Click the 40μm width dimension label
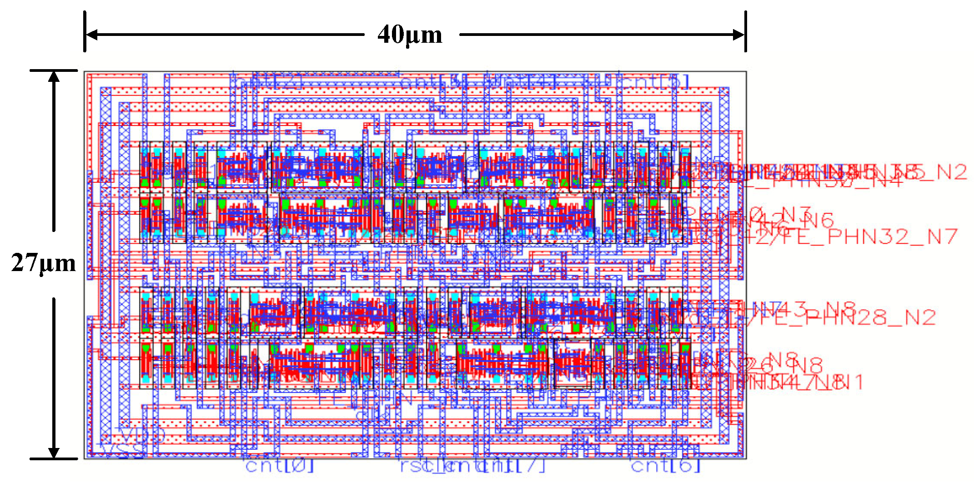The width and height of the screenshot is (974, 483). pos(410,35)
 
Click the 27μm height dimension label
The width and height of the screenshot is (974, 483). pos(43,263)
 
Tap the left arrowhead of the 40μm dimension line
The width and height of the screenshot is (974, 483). pos(91,35)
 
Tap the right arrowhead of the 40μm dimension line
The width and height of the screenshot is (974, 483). pos(738,35)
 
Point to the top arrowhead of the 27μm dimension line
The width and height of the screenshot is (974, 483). pos(54,77)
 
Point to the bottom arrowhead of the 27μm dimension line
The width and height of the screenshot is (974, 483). pos(54,452)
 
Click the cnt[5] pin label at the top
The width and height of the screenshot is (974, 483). pos(655,82)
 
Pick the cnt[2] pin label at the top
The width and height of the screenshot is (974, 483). pos(268,82)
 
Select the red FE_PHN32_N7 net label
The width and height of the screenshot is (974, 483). pos(891,237)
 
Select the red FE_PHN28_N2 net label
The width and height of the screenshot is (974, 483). pos(855,317)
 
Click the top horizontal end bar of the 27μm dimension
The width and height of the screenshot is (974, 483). pos(54,70)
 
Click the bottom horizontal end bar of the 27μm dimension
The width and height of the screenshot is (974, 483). pos(54,458)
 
